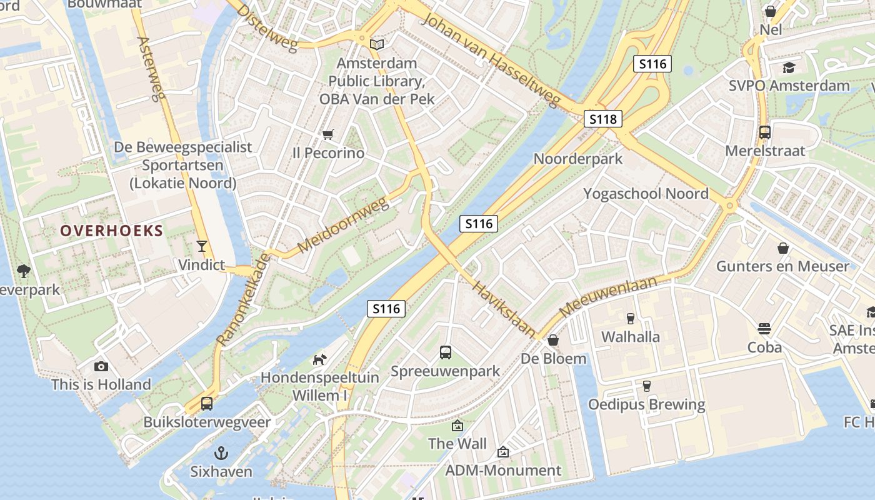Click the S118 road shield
pyautogui.click(x=603, y=119)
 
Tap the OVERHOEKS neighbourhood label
pyautogui.click(x=111, y=231)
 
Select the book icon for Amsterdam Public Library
pyautogui.click(x=376, y=44)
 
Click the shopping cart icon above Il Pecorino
pyautogui.click(x=328, y=134)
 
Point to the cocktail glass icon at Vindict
pyautogui.click(x=201, y=246)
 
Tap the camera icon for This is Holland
pyautogui.click(x=101, y=366)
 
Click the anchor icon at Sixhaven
pyautogui.click(x=221, y=453)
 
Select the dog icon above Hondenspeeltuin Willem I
pyautogui.click(x=319, y=359)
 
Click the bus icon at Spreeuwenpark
pyautogui.click(x=446, y=352)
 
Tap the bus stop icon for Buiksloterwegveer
pyautogui.click(x=207, y=404)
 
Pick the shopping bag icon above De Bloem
pyautogui.click(x=553, y=340)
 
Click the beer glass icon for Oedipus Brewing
pyautogui.click(x=646, y=386)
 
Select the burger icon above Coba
pyautogui.click(x=764, y=329)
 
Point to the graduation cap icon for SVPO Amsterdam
pyautogui.click(x=789, y=67)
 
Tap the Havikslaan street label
pyautogui.click(x=504, y=309)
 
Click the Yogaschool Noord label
pyautogui.click(x=646, y=194)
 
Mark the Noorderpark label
pyautogui.click(x=577, y=159)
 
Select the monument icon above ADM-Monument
pyautogui.click(x=503, y=451)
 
